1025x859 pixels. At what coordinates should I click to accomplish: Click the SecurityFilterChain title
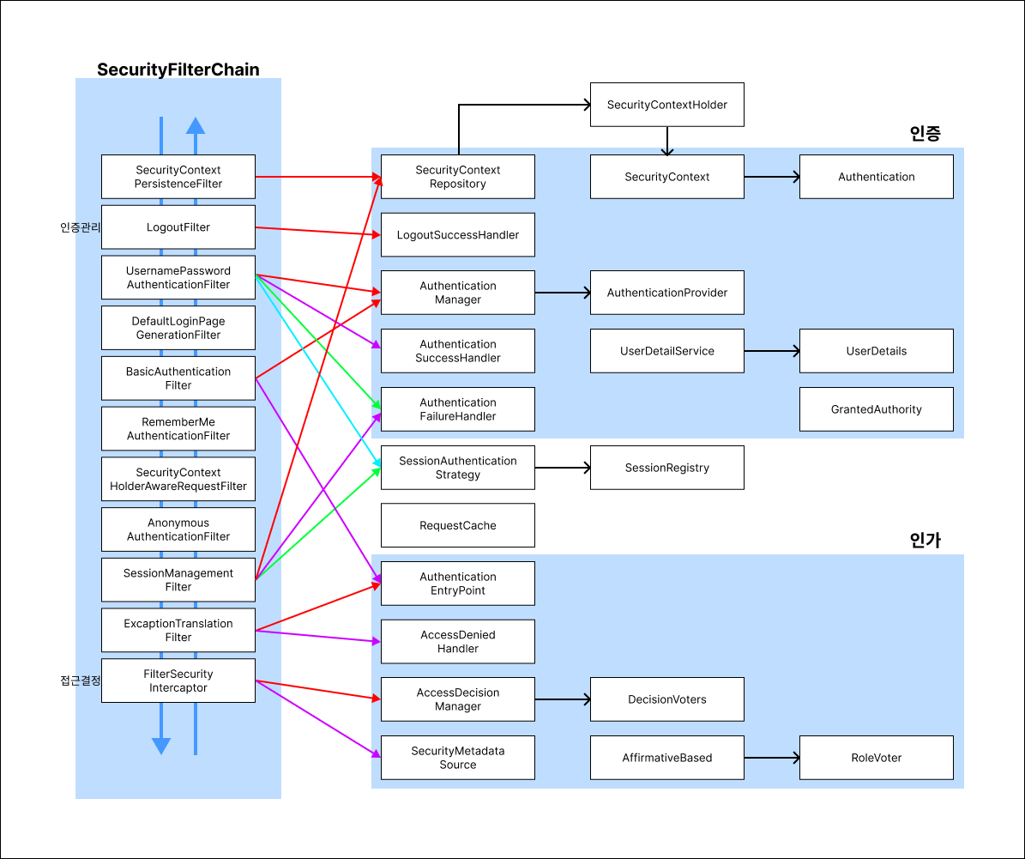coord(178,70)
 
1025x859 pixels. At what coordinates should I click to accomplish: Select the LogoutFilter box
coord(178,227)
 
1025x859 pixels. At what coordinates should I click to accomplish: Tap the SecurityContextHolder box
coord(666,105)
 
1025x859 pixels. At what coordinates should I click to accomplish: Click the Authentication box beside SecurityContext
coord(876,177)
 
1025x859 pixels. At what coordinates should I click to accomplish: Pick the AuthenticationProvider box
coord(666,293)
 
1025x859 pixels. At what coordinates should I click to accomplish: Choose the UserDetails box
coord(876,351)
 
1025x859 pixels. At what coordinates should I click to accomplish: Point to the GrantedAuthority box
coord(876,408)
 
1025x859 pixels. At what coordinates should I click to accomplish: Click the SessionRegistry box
coord(666,467)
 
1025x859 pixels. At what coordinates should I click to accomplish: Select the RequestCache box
coord(457,525)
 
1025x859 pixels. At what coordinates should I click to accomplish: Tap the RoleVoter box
coord(876,758)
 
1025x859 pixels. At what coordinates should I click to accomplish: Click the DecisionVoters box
coord(666,699)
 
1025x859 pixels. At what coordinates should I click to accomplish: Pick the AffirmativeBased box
coord(666,758)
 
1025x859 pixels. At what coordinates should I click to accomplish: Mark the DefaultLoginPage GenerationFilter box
coord(178,328)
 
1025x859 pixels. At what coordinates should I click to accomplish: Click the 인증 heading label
coord(925,134)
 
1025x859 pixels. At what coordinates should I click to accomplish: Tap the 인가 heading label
coord(925,541)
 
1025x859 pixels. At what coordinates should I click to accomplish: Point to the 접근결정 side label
coord(81,681)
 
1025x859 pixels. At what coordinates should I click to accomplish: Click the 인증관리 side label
coord(81,227)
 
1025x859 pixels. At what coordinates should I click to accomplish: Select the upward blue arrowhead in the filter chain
coord(196,125)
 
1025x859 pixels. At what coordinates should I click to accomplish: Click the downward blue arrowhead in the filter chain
coord(160,746)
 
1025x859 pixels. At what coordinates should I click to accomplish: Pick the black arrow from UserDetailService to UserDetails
coord(772,351)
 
